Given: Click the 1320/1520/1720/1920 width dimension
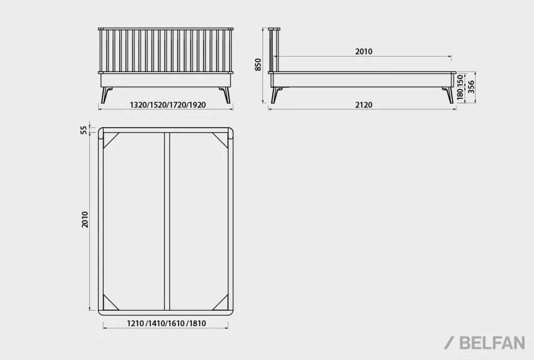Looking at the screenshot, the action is tap(168, 105).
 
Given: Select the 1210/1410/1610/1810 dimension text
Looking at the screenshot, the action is tap(166, 323).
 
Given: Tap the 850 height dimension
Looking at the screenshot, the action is tap(258, 65).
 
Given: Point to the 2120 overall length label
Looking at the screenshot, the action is tap(364, 105).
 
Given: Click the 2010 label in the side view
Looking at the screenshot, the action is tap(364, 52).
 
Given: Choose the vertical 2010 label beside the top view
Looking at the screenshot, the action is tap(85, 220).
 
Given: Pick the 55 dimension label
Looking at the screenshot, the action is tap(84, 130).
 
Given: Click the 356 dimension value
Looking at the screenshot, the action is tap(471, 87).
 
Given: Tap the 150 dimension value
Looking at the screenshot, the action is tap(460, 81).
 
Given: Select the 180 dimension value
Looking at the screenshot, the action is tap(460, 94).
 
